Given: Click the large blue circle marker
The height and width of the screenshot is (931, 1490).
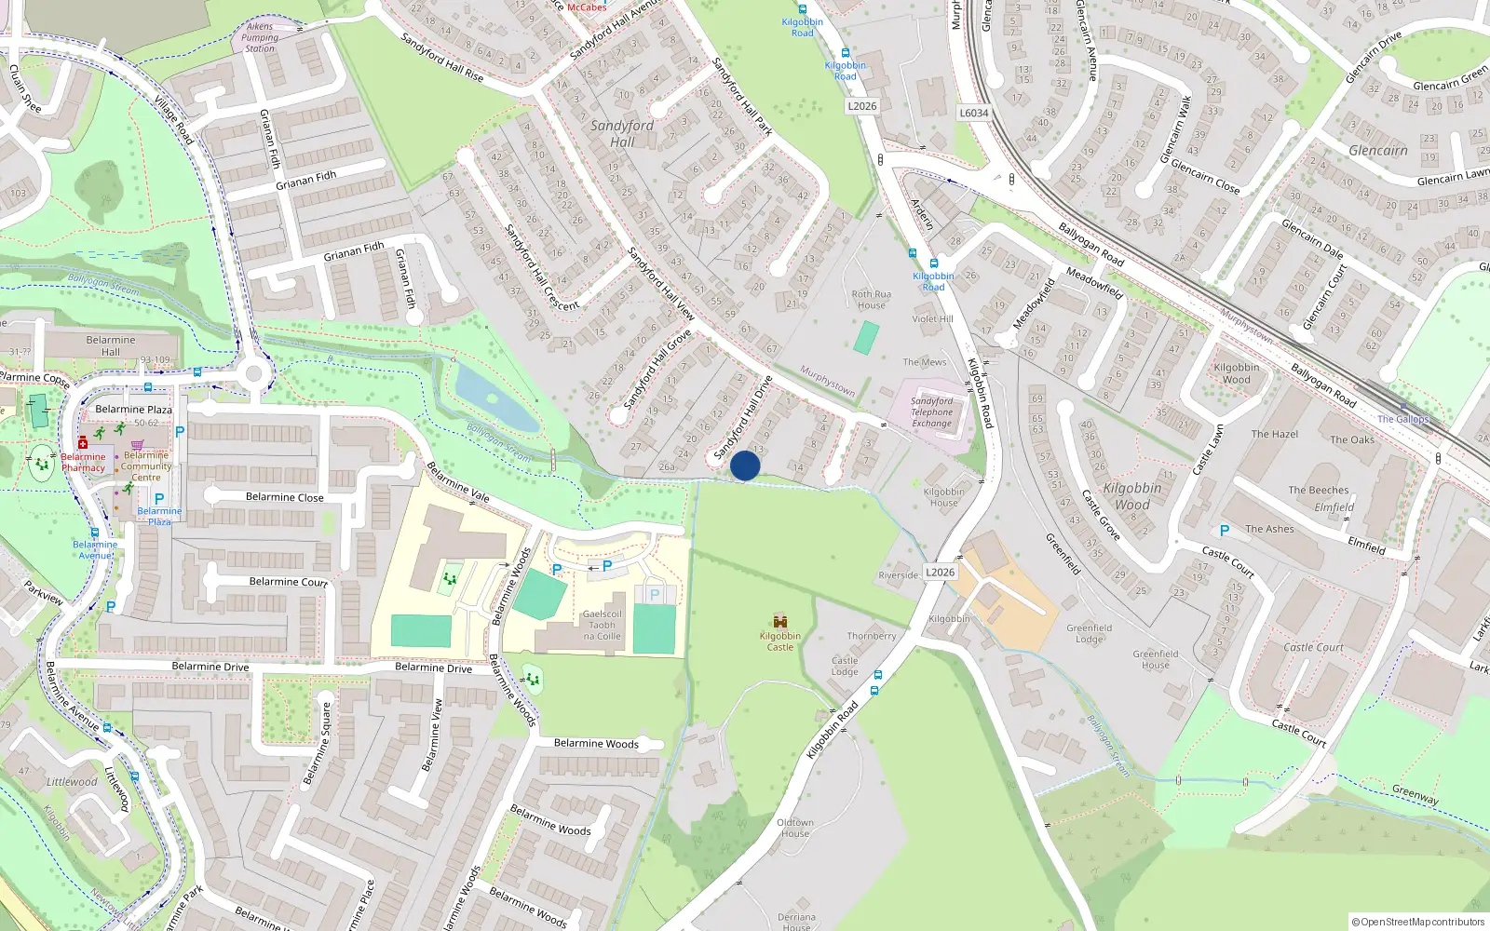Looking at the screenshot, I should tap(745, 465).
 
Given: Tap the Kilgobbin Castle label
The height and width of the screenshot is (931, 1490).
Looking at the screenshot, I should tap(780, 641).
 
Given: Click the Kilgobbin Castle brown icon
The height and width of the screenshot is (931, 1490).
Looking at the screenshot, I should tap(780, 621).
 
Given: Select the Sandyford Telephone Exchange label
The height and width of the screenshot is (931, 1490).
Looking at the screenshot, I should tap(932, 412).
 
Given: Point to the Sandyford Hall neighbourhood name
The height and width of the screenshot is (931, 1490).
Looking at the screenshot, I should tap(622, 133).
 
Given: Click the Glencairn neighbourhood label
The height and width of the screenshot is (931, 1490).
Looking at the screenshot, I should tap(1378, 150).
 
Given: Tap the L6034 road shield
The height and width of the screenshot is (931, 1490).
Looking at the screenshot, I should tap(974, 113).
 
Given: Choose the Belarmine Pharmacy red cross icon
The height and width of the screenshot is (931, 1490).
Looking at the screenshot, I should tap(83, 442).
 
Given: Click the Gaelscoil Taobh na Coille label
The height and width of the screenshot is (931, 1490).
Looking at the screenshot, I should tap(602, 625).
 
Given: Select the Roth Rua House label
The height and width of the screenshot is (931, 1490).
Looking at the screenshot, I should tap(872, 299).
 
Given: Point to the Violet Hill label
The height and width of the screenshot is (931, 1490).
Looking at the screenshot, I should tap(932, 318).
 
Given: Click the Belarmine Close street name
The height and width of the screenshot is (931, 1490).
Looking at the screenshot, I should tap(285, 497).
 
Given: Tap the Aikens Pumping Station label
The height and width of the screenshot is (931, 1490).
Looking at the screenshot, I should tap(260, 37).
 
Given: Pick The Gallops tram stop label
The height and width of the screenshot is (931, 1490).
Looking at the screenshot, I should tap(1402, 419).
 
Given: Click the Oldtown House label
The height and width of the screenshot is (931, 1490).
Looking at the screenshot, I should tap(795, 828).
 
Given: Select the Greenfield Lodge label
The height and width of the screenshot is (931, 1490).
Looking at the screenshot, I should tap(1090, 633).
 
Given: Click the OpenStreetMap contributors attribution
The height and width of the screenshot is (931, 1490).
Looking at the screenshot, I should tap(1418, 922).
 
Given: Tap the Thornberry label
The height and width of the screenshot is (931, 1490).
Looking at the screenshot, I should tap(872, 636).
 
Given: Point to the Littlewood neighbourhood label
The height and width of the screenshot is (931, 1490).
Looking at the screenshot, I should tap(72, 781).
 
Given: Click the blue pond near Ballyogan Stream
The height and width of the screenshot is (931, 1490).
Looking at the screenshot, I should tap(494, 398).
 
